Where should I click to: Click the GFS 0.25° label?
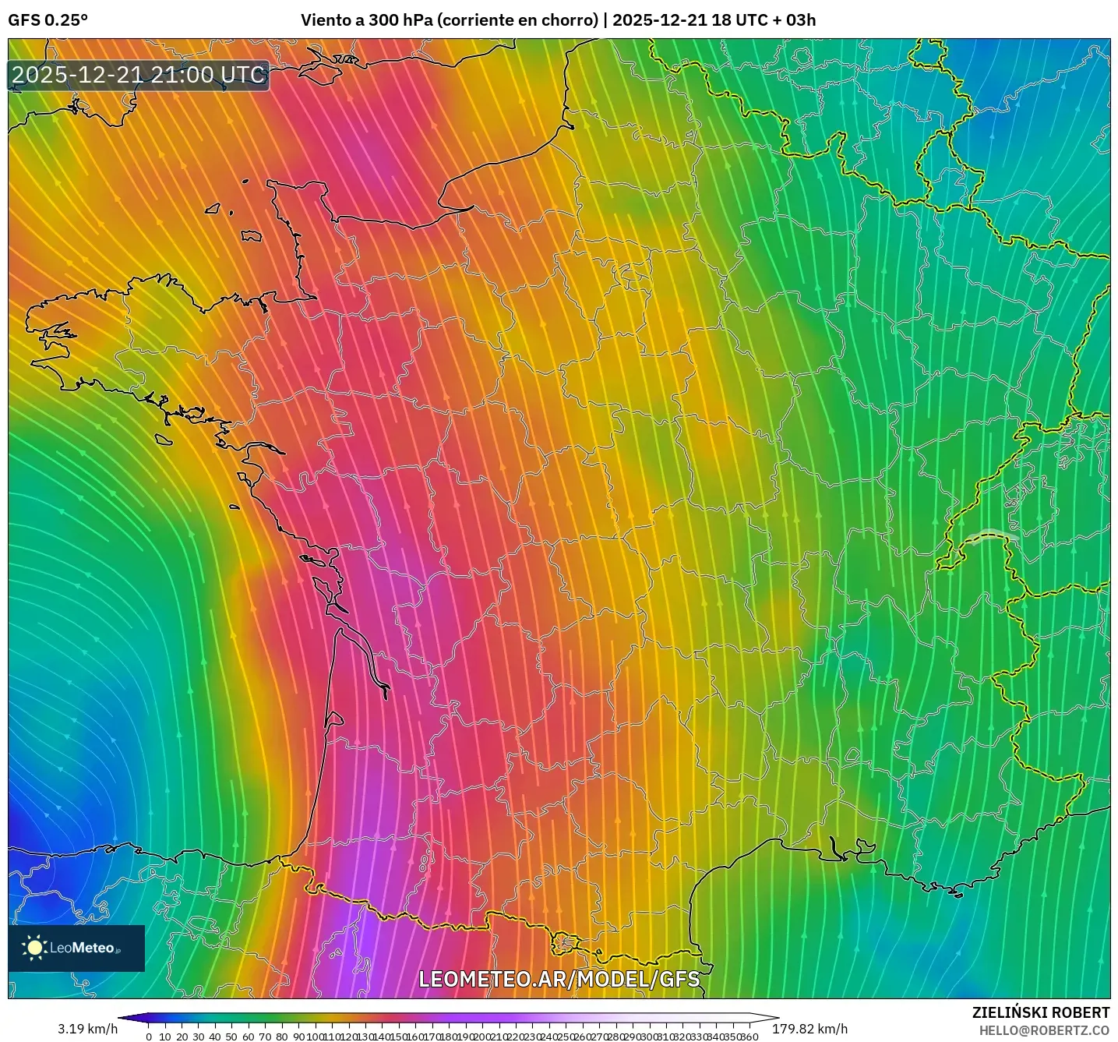48,20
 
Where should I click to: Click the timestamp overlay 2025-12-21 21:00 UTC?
139,75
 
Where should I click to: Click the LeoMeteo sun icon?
34,948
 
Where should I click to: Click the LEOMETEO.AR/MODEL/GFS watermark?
559,979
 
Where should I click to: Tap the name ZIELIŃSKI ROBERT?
1040,1012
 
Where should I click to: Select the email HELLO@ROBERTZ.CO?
1044,1030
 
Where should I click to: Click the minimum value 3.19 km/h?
87,1029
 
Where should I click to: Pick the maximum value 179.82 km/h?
809,1029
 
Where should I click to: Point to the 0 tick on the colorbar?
149,1037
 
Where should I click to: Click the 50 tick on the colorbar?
231,1037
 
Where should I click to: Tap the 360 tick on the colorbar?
749,1037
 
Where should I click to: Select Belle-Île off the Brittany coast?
163,440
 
